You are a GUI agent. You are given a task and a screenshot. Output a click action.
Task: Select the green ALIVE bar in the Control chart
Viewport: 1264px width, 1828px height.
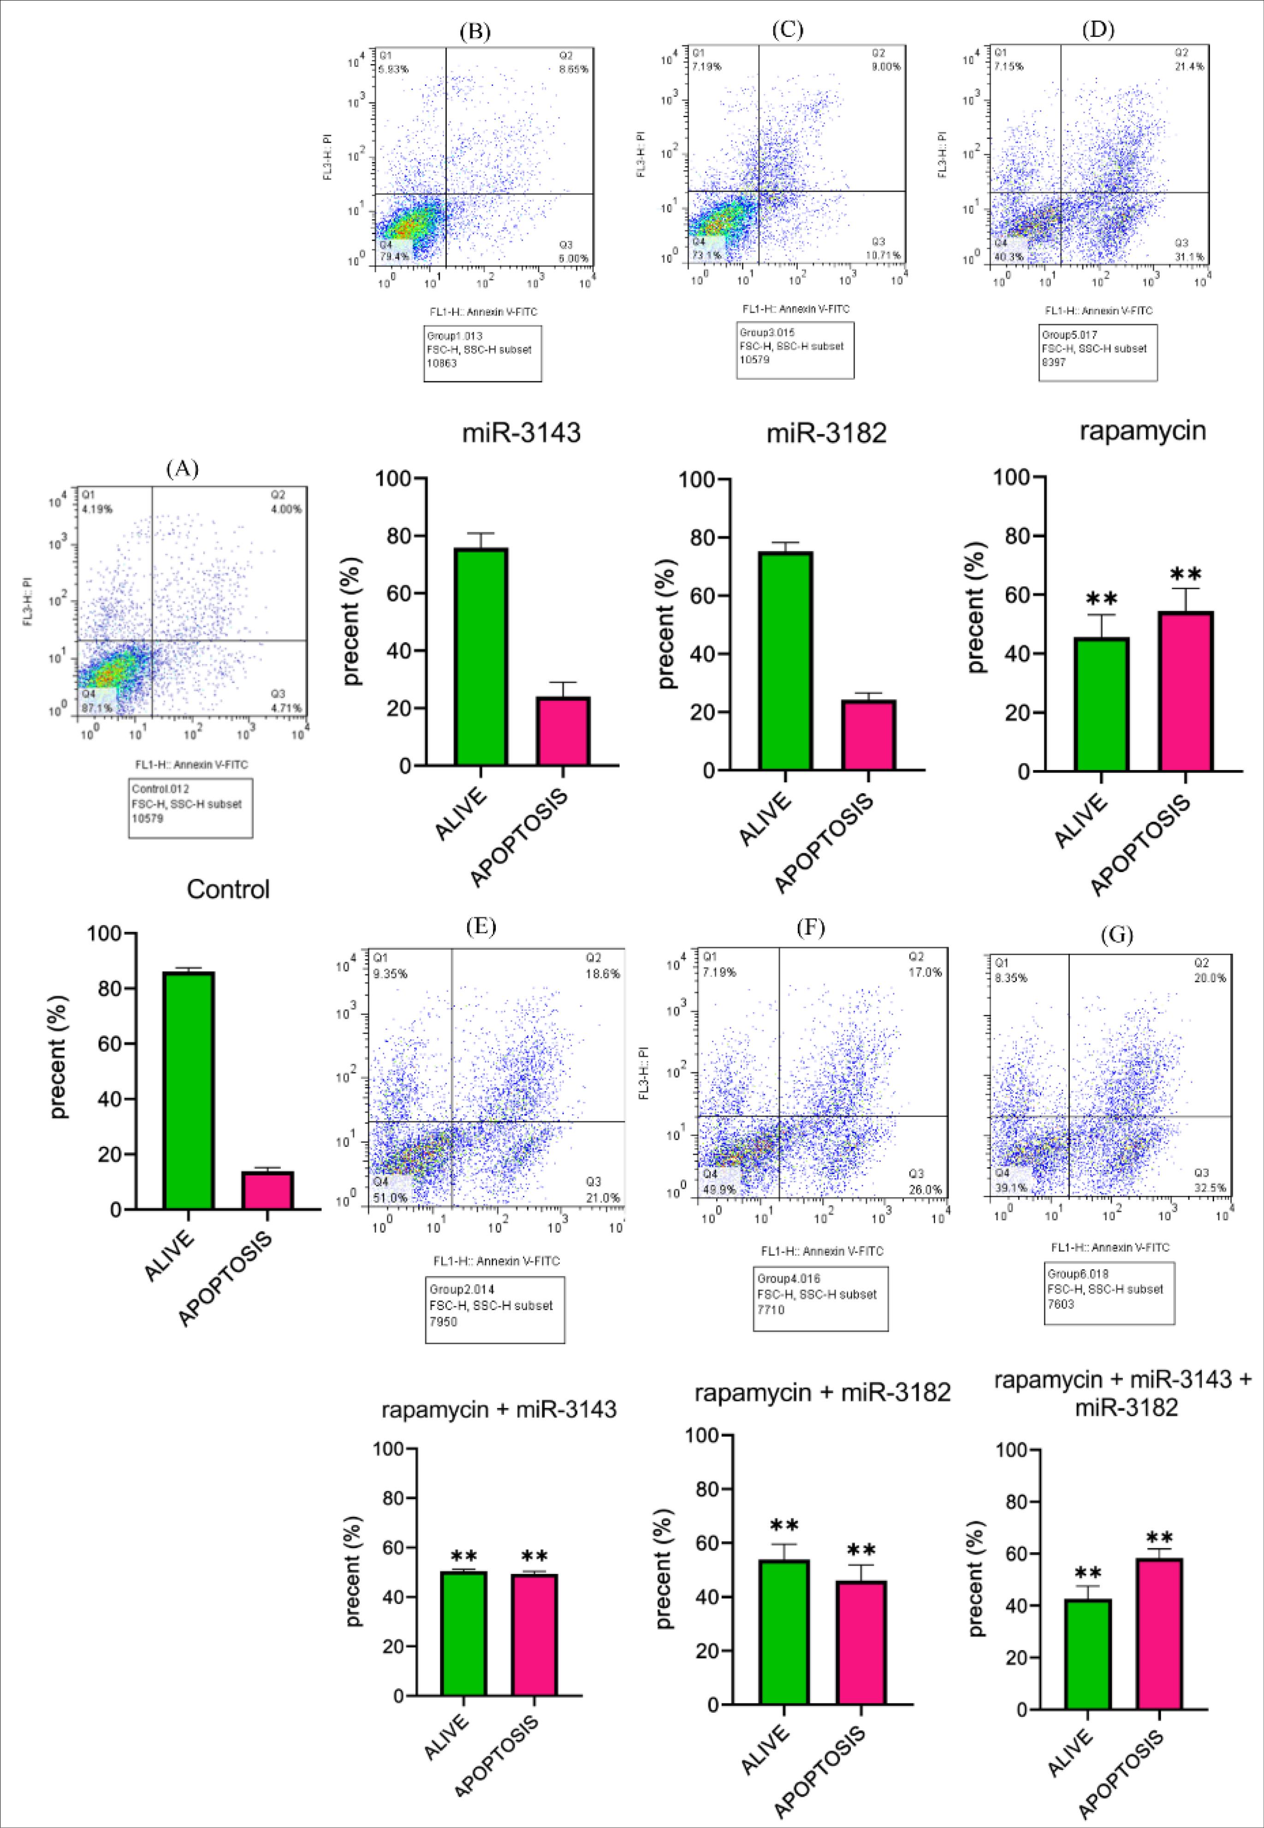[189, 1090]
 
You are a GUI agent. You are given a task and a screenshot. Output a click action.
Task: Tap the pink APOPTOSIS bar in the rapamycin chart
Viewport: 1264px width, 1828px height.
[1186, 691]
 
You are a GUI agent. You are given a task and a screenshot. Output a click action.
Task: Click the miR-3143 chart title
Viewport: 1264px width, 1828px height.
[522, 433]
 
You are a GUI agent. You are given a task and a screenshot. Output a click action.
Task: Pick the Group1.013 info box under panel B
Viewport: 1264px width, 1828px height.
[482, 350]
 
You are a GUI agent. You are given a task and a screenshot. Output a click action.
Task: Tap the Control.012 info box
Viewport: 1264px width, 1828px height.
[190, 808]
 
